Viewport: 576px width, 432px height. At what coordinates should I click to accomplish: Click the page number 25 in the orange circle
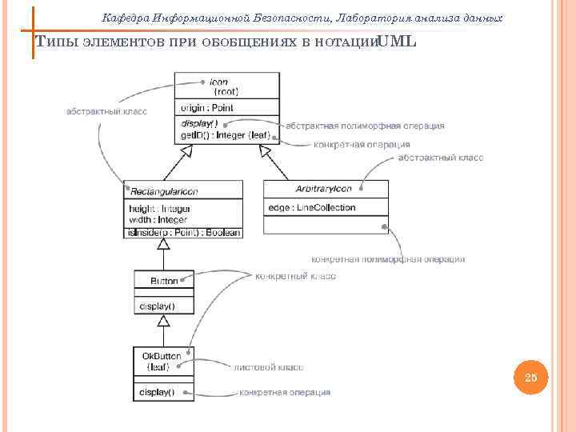532,378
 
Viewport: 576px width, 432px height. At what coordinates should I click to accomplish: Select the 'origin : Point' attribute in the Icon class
206,108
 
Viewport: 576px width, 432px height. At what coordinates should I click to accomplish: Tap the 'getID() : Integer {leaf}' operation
226,135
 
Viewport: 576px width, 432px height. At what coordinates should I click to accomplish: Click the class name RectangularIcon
164,190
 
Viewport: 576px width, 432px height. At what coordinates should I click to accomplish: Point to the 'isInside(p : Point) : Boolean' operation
183,232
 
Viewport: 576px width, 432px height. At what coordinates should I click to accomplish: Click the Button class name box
164,282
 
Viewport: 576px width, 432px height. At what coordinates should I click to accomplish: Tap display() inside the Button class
158,306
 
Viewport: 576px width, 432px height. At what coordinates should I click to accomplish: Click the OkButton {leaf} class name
162,361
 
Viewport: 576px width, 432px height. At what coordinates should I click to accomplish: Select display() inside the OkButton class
157,392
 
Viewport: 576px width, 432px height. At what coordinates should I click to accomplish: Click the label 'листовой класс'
267,368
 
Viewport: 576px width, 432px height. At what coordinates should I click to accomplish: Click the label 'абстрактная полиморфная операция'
365,126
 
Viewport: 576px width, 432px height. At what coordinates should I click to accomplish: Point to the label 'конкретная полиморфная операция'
387,259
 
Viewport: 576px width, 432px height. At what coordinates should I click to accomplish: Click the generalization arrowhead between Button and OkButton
163,321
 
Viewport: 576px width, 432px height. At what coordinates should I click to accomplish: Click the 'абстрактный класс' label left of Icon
106,111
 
